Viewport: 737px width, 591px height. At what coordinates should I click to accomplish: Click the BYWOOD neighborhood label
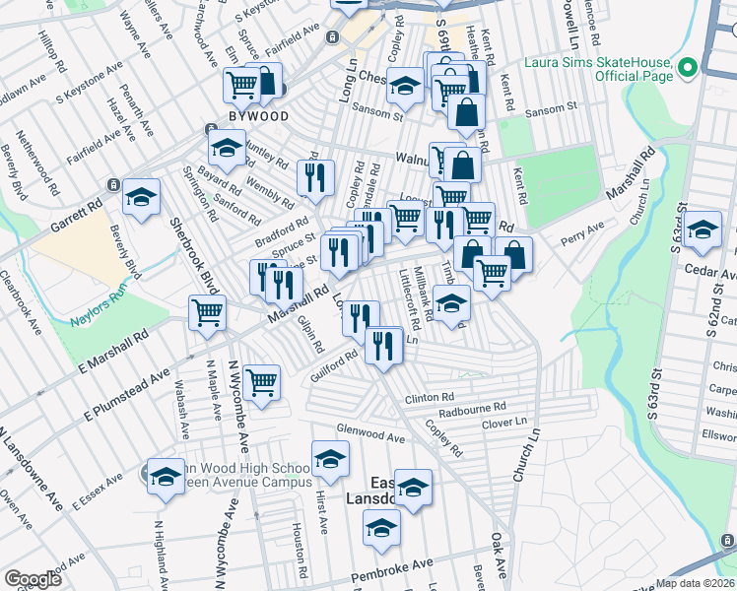click(x=259, y=116)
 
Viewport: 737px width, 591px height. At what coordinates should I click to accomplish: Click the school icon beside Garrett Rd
click(x=141, y=197)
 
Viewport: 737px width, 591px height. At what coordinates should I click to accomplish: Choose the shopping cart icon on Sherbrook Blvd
click(x=207, y=312)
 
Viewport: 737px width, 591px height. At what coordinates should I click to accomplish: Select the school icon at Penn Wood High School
click(x=166, y=477)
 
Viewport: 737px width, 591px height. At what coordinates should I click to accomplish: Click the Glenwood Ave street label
click(x=370, y=434)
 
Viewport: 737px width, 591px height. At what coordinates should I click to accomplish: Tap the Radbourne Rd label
click(x=472, y=407)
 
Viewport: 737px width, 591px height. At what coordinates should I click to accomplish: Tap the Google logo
click(x=33, y=578)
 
